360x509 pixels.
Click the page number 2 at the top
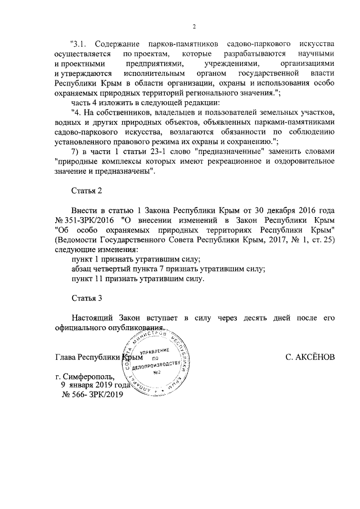(x=193, y=26)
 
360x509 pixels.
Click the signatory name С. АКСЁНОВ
(x=310, y=358)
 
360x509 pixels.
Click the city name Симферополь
(x=89, y=376)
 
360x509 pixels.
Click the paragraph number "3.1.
(x=80, y=44)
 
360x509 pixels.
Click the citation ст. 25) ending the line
(x=322, y=240)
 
